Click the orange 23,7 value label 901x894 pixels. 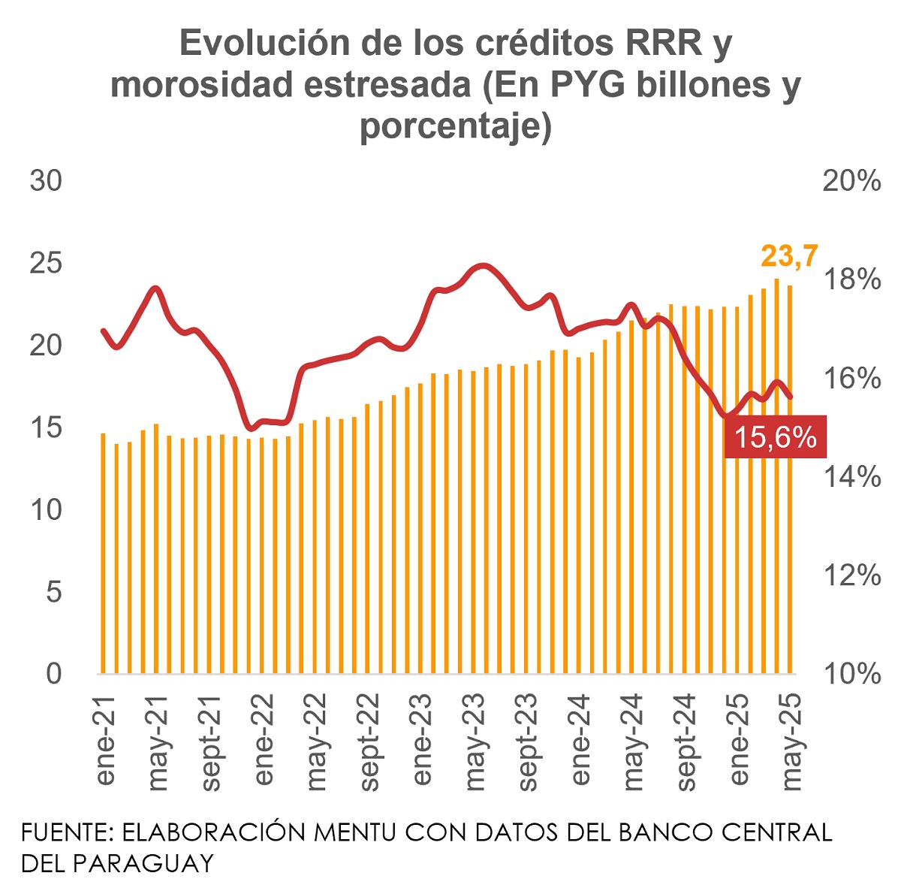coord(789,256)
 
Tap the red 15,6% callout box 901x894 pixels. coord(775,436)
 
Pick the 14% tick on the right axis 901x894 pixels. coord(851,476)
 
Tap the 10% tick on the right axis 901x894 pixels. coord(851,674)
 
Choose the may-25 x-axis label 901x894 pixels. coord(791,740)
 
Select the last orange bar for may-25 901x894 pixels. coord(789,481)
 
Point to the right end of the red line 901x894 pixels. coord(791,397)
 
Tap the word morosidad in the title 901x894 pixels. coord(202,86)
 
